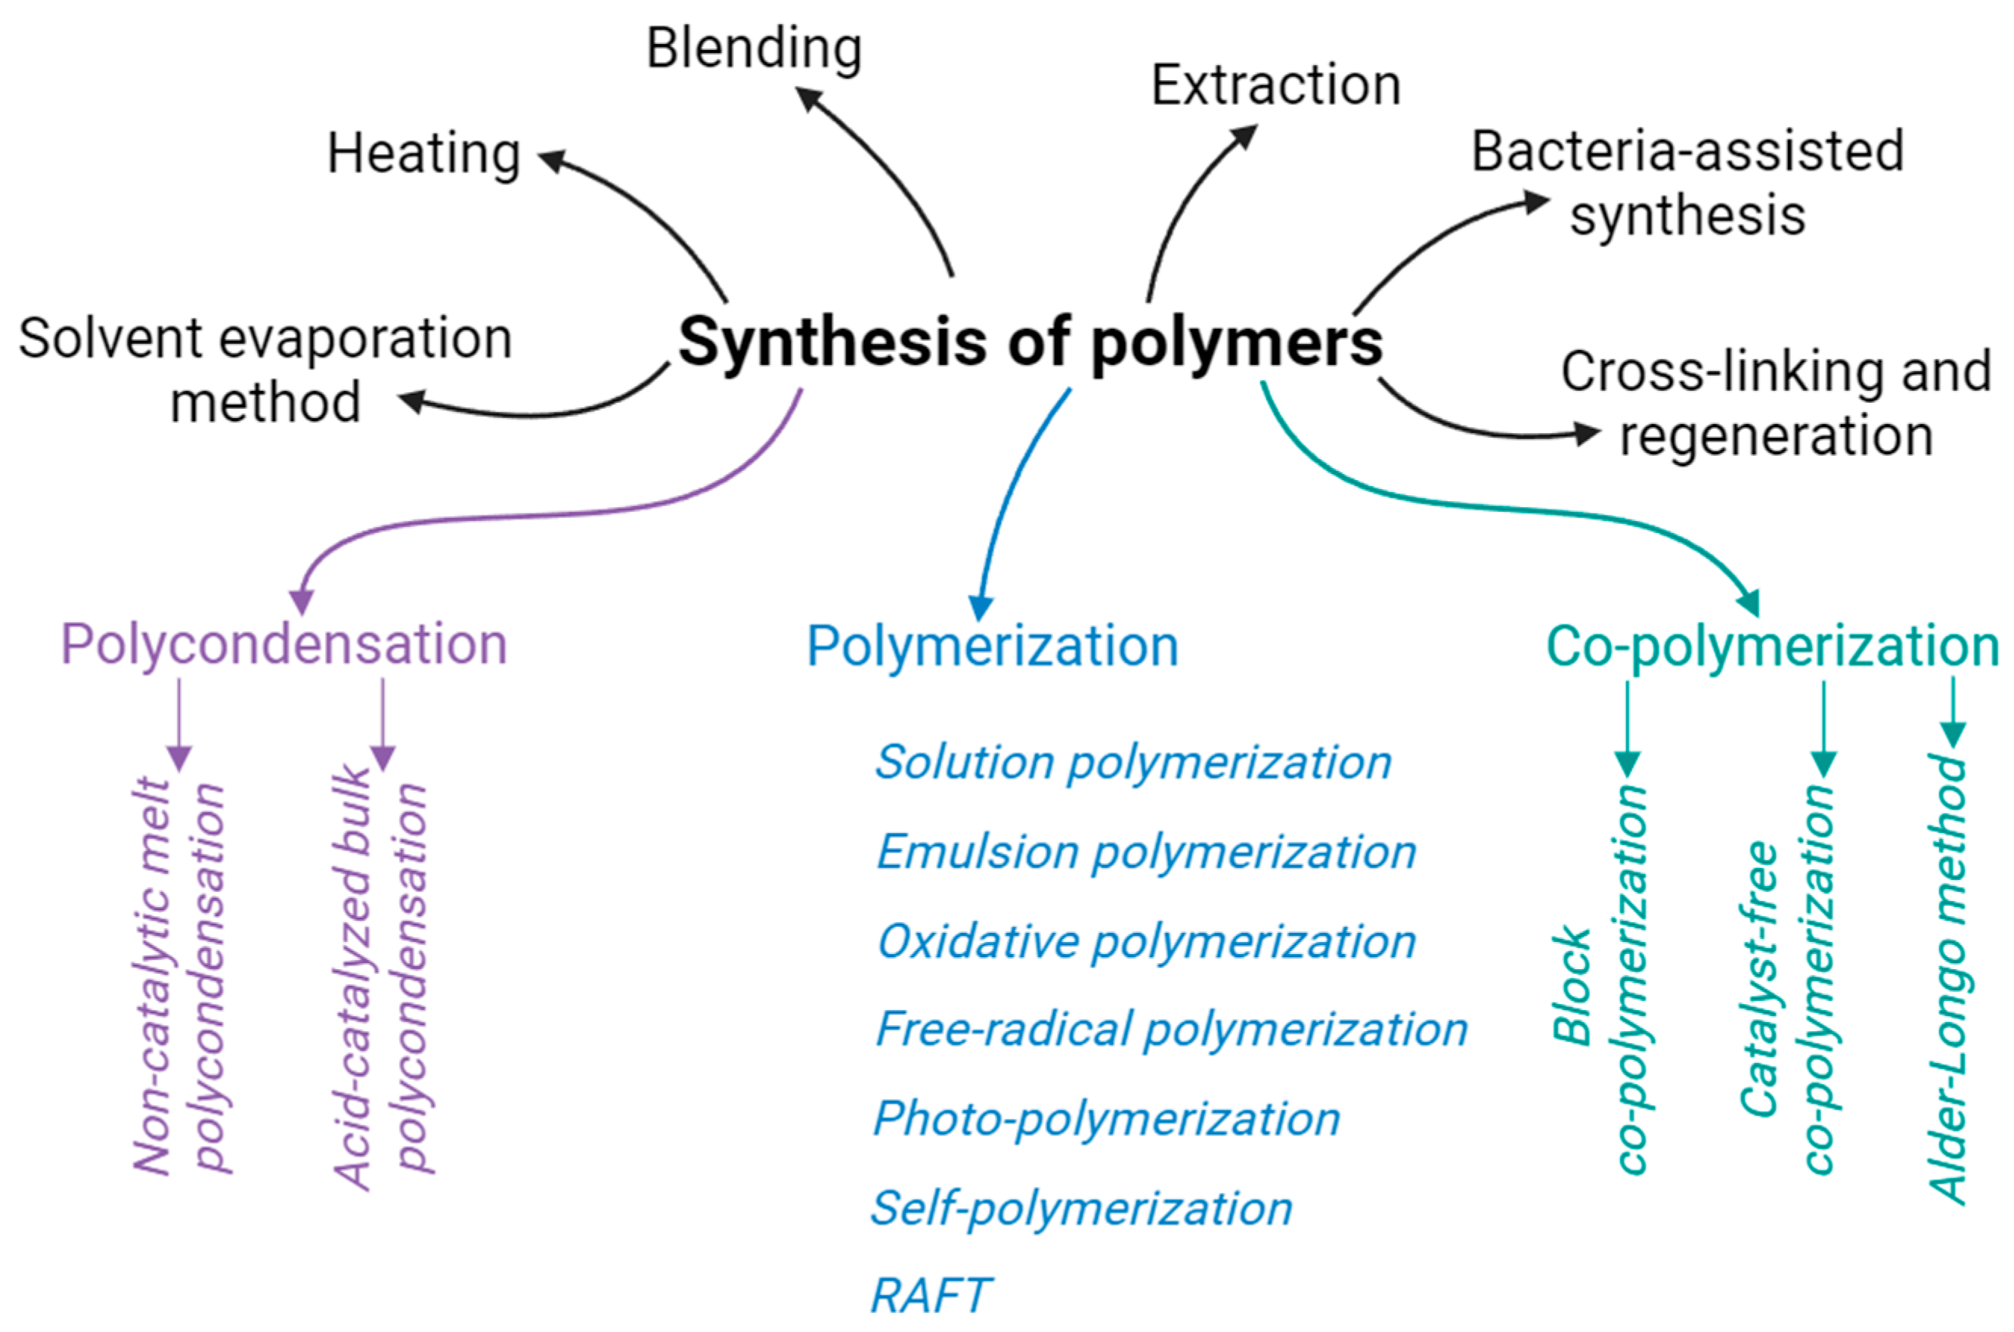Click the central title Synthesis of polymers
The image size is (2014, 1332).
point(1030,342)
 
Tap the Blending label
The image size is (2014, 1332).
point(754,48)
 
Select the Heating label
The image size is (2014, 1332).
point(424,153)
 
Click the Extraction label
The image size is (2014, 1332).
point(1275,85)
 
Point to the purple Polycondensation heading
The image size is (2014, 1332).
point(284,645)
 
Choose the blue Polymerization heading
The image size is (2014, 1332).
point(992,646)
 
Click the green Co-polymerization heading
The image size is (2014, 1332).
point(1772,646)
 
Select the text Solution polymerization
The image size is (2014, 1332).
point(1133,762)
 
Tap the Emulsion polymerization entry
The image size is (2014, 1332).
point(1146,852)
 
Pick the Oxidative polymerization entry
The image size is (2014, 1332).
point(1146,941)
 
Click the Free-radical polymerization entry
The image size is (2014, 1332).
point(1171,1030)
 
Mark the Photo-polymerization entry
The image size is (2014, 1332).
point(1107,1119)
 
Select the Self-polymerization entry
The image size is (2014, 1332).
point(1081,1208)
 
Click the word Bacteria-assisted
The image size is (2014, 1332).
point(1687,152)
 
